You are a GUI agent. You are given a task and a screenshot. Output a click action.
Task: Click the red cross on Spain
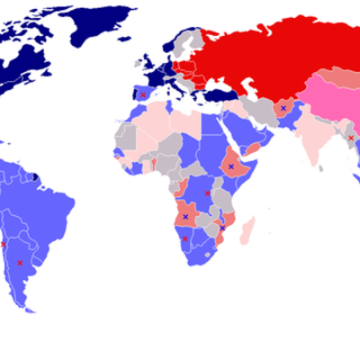pos(143,94)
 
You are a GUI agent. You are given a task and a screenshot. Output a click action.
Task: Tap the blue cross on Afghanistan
pos(283,108)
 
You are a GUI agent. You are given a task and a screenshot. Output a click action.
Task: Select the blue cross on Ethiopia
pos(230,166)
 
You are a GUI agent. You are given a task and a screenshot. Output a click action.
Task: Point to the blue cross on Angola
pos(186,216)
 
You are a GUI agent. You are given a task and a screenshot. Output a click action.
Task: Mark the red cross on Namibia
pos(185,238)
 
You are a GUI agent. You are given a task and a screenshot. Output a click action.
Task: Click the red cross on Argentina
pos(20,263)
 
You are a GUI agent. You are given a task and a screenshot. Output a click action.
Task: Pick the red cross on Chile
pos(3,244)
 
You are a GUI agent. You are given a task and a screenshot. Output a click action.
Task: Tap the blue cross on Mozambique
pos(222,228)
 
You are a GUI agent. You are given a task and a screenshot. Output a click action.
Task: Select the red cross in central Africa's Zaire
pos(208,193)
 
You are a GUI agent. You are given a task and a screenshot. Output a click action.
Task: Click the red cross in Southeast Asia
pos(350,138)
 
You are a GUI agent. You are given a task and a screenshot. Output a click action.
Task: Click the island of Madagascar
pos(246,231)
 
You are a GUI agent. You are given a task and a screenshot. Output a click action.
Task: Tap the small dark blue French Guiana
pos(36,175)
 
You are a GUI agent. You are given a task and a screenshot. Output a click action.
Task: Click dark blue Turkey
pos(220,96)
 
